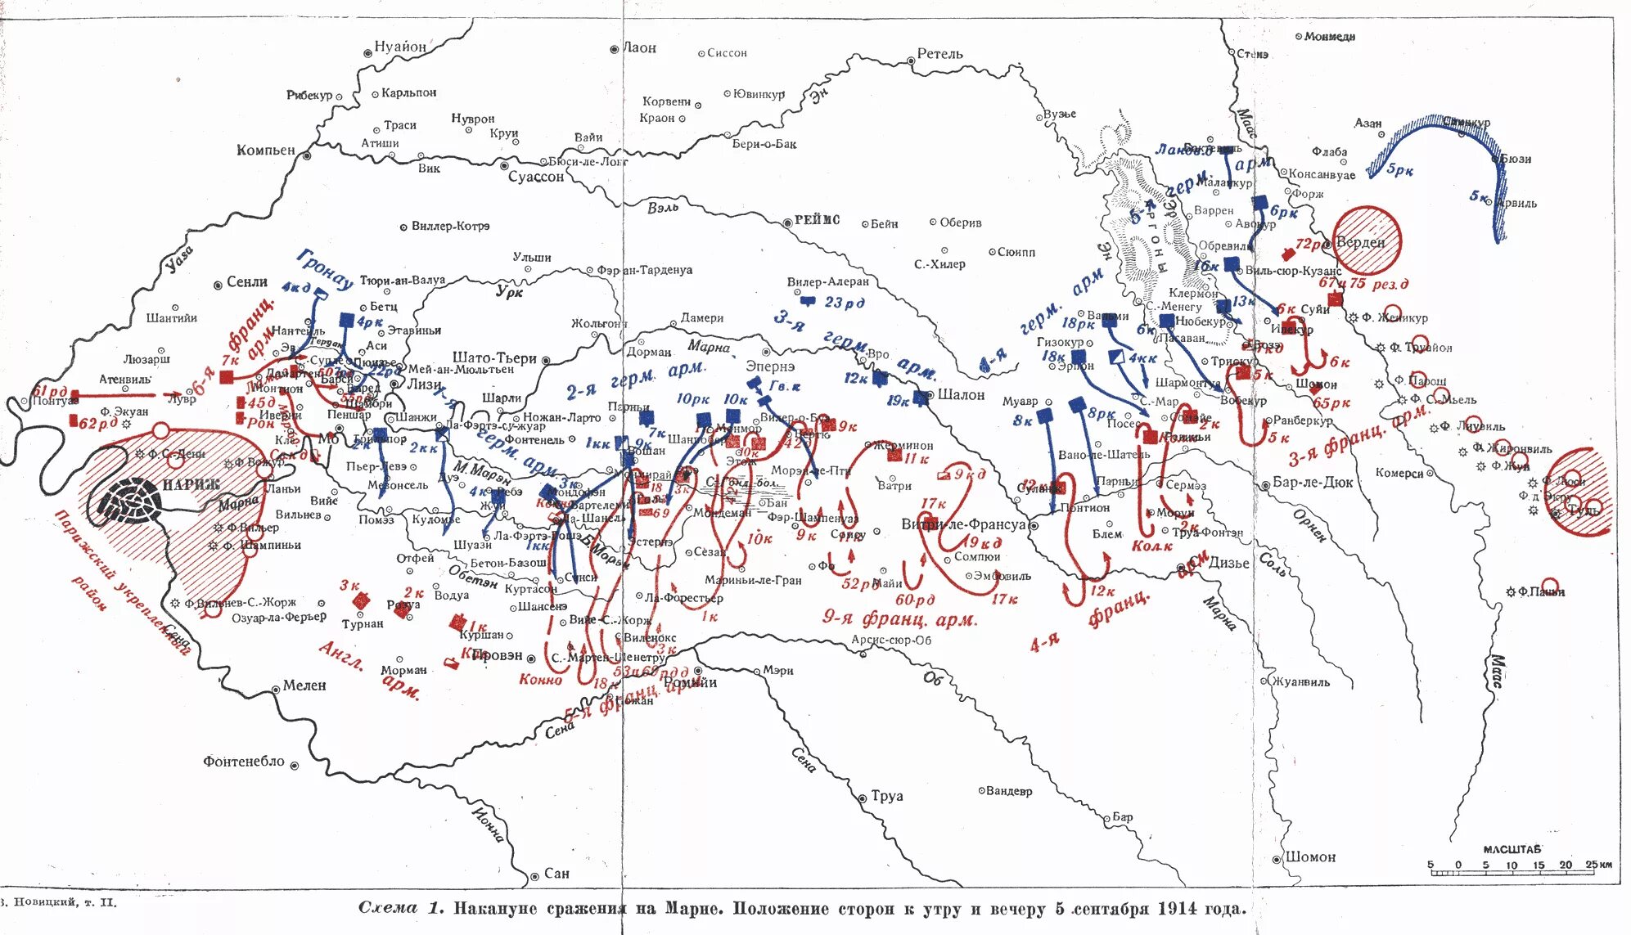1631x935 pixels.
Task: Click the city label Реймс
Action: click(x=817, y=220)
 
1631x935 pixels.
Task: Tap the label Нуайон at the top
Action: click(x=400, y=47)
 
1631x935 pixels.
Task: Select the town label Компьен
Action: click(x=265, y=151)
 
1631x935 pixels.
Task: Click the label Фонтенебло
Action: click(x=244, y=762)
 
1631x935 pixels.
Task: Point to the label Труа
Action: click(x=886, y=796)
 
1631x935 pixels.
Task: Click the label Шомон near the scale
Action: click(x=1310, y=857)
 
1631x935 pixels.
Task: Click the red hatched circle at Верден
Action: click(x=1367, y=240)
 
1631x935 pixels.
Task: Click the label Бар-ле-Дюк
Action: click(x=1312, y=483)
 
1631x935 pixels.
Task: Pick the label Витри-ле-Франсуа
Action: click(x=963, y=524)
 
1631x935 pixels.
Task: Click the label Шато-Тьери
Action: click(x=494, y=358)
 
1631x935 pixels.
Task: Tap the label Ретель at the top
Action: click(x=939, y=54)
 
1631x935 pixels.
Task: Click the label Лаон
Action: click(x=639, y=48)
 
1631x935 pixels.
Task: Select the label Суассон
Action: click(x=536, y=177)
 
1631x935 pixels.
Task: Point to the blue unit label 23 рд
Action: click(x=844, y=303)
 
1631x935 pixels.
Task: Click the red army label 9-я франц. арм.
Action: click(x=899, y=618)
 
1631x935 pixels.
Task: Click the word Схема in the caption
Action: click(x=390, y=908)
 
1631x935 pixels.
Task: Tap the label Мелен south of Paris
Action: click(x=304, y=686)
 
